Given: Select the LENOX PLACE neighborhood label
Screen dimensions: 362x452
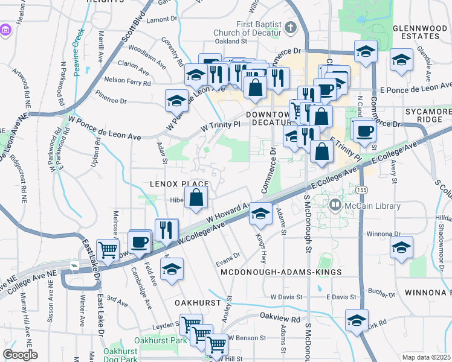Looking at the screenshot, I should pyautogui.click(x=179, y=183).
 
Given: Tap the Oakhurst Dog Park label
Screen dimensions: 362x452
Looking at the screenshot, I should pyautogui.click(x=121, y=354).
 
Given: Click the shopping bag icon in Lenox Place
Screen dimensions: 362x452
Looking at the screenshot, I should pyautogui.click(x=196, y=197).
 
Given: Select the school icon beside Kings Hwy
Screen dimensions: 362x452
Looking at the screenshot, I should pyautogui.click(x=260, y=214).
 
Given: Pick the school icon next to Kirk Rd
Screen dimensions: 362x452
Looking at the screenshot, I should pyautogui.click(x=357, y=320).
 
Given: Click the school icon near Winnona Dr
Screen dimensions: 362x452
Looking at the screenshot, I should pyautogui.click(x=401, y=247).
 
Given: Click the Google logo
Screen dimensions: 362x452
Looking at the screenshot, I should pyautogui.click(x=20, y=355).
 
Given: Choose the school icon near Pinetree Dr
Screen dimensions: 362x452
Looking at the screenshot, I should pyautogui.click(x=176, y=100).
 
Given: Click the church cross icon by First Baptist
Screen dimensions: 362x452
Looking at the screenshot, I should pyautogui.click(x=291, y=28).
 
